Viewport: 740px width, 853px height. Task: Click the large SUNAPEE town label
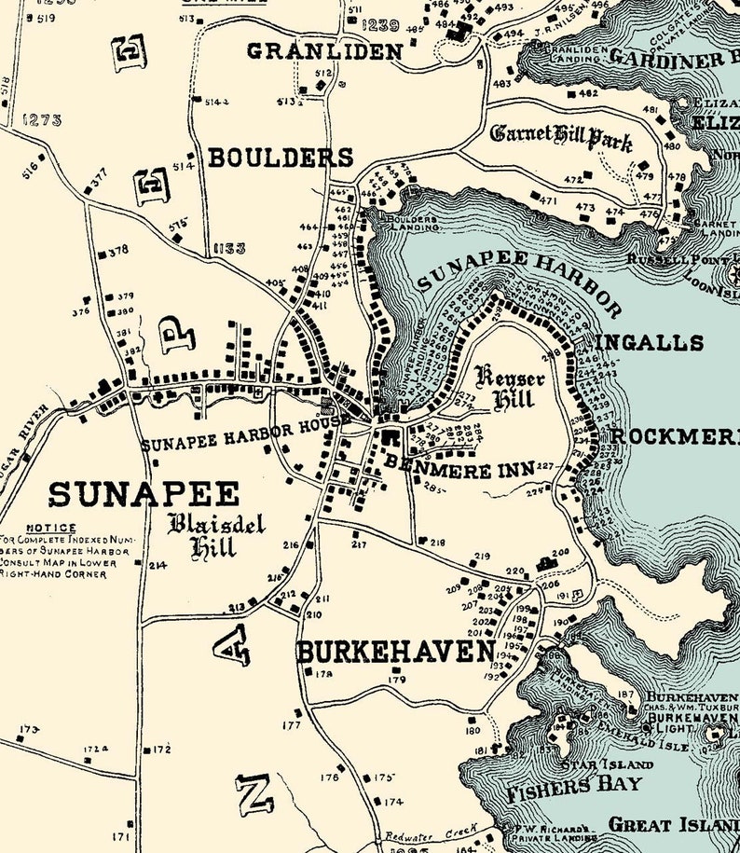144,494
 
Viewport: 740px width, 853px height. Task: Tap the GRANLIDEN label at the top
323,50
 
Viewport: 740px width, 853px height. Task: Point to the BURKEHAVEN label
395,651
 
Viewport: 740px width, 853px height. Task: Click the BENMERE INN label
452,470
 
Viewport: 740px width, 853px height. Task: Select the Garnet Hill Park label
561,137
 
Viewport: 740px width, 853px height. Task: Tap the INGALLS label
651,342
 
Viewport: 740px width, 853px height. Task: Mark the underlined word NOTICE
51,528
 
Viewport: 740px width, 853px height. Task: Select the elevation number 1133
228,248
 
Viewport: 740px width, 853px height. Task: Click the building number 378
117,251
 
